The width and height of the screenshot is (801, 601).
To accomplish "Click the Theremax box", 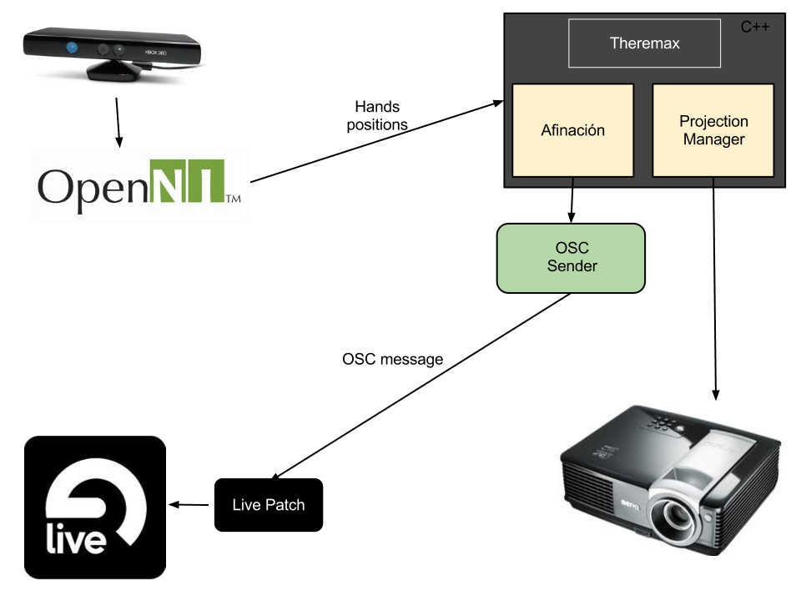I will tap(644, 43).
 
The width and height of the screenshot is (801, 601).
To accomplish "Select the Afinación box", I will tap(572, 130).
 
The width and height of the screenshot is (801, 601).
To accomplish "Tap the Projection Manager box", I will tap(713, 130).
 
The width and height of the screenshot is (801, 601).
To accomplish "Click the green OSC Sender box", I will tap(572, 258).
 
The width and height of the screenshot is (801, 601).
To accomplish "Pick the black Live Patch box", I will tap(268, 504).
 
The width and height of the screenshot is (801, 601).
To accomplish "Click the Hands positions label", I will tap(377, 116).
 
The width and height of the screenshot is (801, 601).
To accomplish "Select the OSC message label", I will tap(392, 359).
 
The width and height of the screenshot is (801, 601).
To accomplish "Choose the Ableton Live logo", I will tap(95, 507).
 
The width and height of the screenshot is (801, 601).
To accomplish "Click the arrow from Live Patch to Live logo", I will tap(191, 504).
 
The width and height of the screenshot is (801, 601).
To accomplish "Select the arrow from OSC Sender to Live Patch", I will tap(417, 384).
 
